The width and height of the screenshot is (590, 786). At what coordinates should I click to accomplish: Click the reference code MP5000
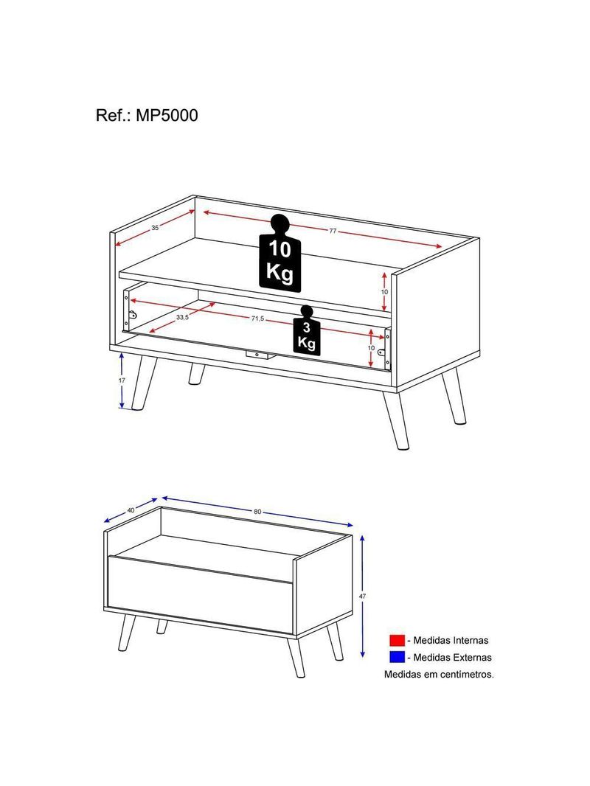click(x=167, y=115)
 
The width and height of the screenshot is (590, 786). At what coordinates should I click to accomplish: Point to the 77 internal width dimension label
click(x=333, y=231)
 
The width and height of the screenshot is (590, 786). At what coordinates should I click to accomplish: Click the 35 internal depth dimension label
click(x=155, y=228)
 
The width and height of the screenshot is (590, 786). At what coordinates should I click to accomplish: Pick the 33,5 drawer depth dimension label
click(x=182, y=317)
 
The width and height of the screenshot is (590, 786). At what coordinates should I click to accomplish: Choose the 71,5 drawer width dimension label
click(x=257, y=319)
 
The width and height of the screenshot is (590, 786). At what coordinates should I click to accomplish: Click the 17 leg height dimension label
click(x=122, y=380)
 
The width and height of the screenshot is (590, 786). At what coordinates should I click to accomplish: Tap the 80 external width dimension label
click(x=257, y=512)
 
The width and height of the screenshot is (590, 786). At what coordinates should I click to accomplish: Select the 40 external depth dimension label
click(x=131, y=509)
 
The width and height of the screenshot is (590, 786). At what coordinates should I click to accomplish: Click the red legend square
click(x=397, y=640)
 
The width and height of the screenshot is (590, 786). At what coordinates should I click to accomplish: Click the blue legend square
click(x=397, y=657)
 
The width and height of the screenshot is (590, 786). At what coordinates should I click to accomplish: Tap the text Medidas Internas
click(x=451, y=640)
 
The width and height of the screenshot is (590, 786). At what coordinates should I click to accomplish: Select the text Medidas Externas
click(x=452, y=657)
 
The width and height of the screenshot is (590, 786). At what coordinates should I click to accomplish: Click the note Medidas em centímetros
click(x=439, y=674)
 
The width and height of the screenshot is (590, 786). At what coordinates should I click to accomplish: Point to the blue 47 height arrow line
click(x=362, y=596)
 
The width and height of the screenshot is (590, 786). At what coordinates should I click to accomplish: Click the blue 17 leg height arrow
click(x=122, y=380)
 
